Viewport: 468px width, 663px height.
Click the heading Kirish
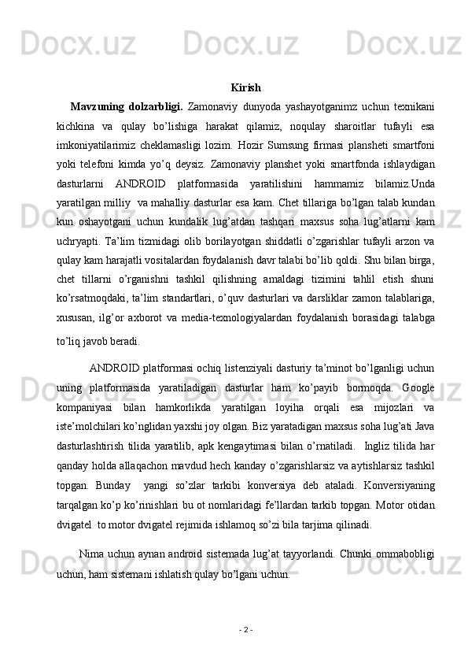point(246,87)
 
